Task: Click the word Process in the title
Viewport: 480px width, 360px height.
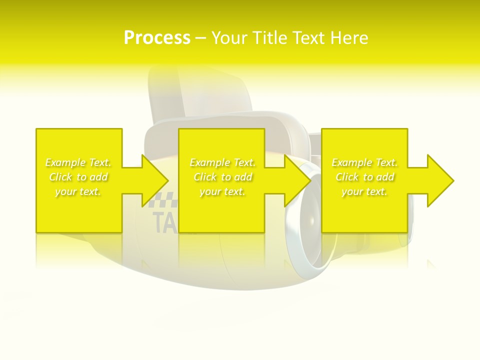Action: pos(157,38)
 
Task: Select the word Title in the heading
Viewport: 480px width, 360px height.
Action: pos(272,38)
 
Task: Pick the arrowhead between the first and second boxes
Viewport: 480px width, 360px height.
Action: pos(153,180)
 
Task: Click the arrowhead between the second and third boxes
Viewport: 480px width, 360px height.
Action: pos(296,180)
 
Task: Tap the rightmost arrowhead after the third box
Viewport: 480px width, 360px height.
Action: pos(439,180)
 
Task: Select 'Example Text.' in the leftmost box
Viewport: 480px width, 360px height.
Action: pos(78,162)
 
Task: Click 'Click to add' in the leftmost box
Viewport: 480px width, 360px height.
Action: pos(78,177)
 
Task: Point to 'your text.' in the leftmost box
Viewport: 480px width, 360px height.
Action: pos(78,191)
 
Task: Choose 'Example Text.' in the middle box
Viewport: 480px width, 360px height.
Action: pos(222,162)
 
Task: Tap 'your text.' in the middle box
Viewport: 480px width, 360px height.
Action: pos(222,191)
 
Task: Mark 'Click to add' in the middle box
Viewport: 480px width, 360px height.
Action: pos(222,177)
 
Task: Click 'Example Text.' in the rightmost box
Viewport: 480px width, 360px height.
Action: pos(364,162)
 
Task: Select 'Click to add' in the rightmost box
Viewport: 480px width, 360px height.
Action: pos(364,177)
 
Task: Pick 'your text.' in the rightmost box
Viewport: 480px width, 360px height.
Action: pos(364,191)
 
